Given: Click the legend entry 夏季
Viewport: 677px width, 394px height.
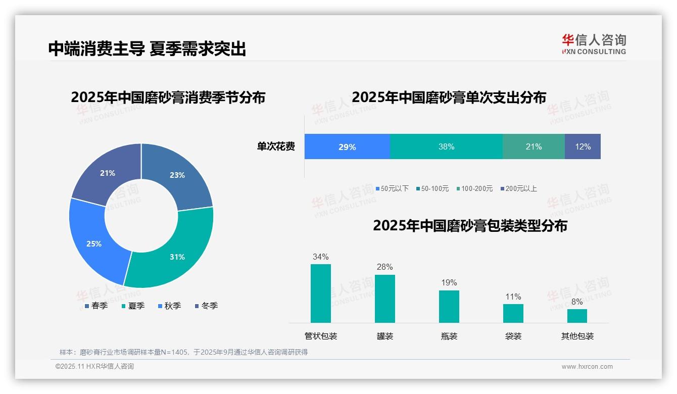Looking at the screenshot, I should click(133, 306).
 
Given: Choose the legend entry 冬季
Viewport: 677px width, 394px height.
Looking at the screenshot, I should click(206, 306).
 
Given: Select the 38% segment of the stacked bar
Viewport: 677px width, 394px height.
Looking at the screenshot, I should click(446, 146).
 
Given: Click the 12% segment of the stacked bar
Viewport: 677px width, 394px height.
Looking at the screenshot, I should click(583, 146).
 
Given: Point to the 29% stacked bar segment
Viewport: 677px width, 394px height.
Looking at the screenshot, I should click(347, 146).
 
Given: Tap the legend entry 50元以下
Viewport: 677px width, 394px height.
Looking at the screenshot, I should click(392, 188).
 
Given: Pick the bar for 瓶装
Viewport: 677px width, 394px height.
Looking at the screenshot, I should click(449, 306).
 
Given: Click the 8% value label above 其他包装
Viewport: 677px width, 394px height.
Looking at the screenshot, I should click(577, 302).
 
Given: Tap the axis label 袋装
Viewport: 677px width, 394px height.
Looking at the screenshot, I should click(513, 336).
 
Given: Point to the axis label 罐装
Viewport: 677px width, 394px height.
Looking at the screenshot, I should click(385, 336).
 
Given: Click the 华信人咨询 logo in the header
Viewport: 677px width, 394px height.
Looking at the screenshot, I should click(594, 44).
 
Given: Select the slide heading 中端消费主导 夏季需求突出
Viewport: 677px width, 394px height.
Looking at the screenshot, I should click(147, 48).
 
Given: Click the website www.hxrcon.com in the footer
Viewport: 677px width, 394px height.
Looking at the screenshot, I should click(587, 367).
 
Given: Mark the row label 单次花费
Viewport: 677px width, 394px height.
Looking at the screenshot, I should click(276, 147).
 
